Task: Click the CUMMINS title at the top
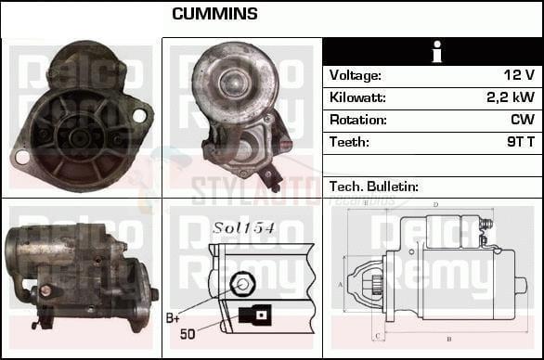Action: pyautogui.click(x=214, y=14)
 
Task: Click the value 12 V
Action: pyautogui.click(x=519, y=75)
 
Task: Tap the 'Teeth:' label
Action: pyautogui.click(x=349, y=142)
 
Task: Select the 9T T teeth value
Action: pyautogui.click(x=519, y=142)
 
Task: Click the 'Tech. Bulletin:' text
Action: pyautogui.click(x=374, y=187)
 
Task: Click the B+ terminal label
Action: pyautogui.click(x=175, y=318)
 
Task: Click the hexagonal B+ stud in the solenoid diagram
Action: pyautogui.click(x=242, y=284)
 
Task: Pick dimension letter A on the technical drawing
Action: pyautogui.click(x=341, y=283)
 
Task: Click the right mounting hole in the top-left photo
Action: pyautogui.click(x=140, y=116)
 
